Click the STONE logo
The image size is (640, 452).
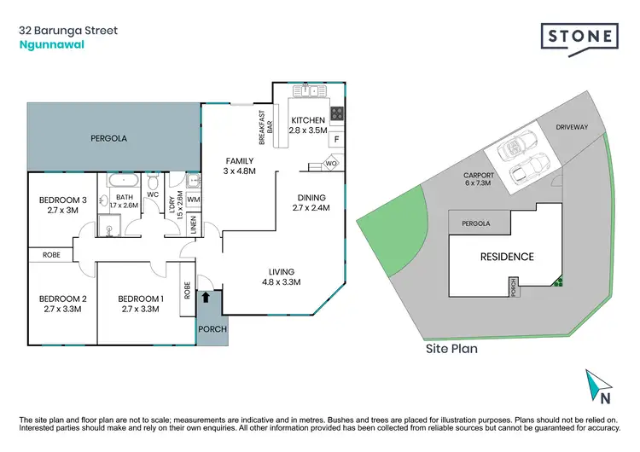(x=579, y=36)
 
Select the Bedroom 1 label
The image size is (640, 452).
(x=140, y=298)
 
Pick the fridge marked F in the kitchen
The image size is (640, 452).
(x=336, y=138)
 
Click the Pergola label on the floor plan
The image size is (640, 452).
(x=109, y=137)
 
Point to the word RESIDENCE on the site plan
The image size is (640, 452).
(x=506, y=256)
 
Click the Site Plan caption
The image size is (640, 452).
(x=451, y=348)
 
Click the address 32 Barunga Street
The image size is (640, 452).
(x=68, y=31)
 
